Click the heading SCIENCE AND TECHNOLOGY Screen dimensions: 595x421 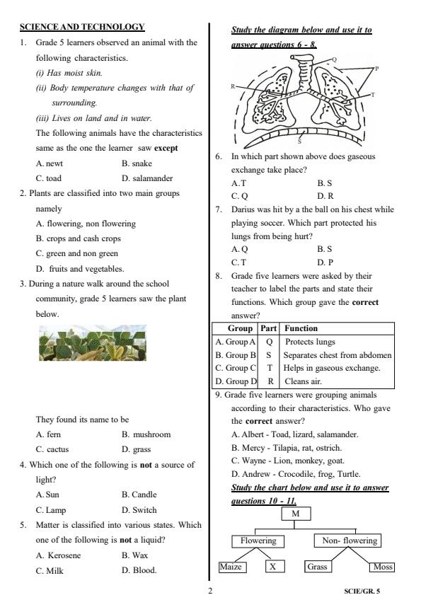pyautogui.click(x=82, y=27)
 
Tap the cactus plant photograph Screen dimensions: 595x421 pyautogui.click(x=93, y=343)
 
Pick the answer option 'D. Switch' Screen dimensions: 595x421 pyautogui.click(x=139, y=509)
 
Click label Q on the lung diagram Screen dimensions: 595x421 pyautogui.click(x=334, y=59)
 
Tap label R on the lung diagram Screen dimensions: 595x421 pyautogui.click(x=233, y=86)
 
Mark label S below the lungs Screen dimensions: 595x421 pyautogui.click(x=299, y=141)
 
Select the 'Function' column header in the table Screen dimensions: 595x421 pyautogui.click(x=301, y=328)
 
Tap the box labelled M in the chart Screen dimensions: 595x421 pyautogui.click(x=295, y=514)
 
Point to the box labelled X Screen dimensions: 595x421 pyautogui.click(x=275, y=567)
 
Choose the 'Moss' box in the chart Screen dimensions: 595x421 pyautogui.click(x=381, y=567)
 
